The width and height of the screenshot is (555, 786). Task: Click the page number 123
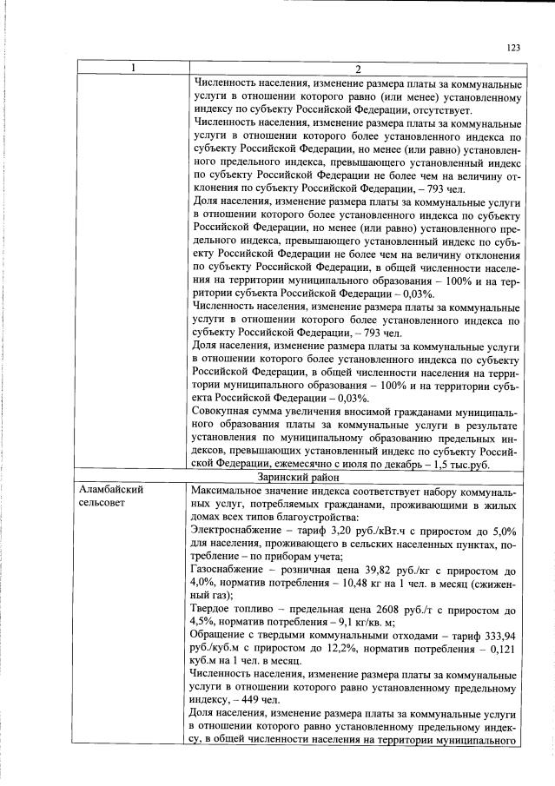click(513, 48)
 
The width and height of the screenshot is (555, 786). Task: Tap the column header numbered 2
click(357, 69)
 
